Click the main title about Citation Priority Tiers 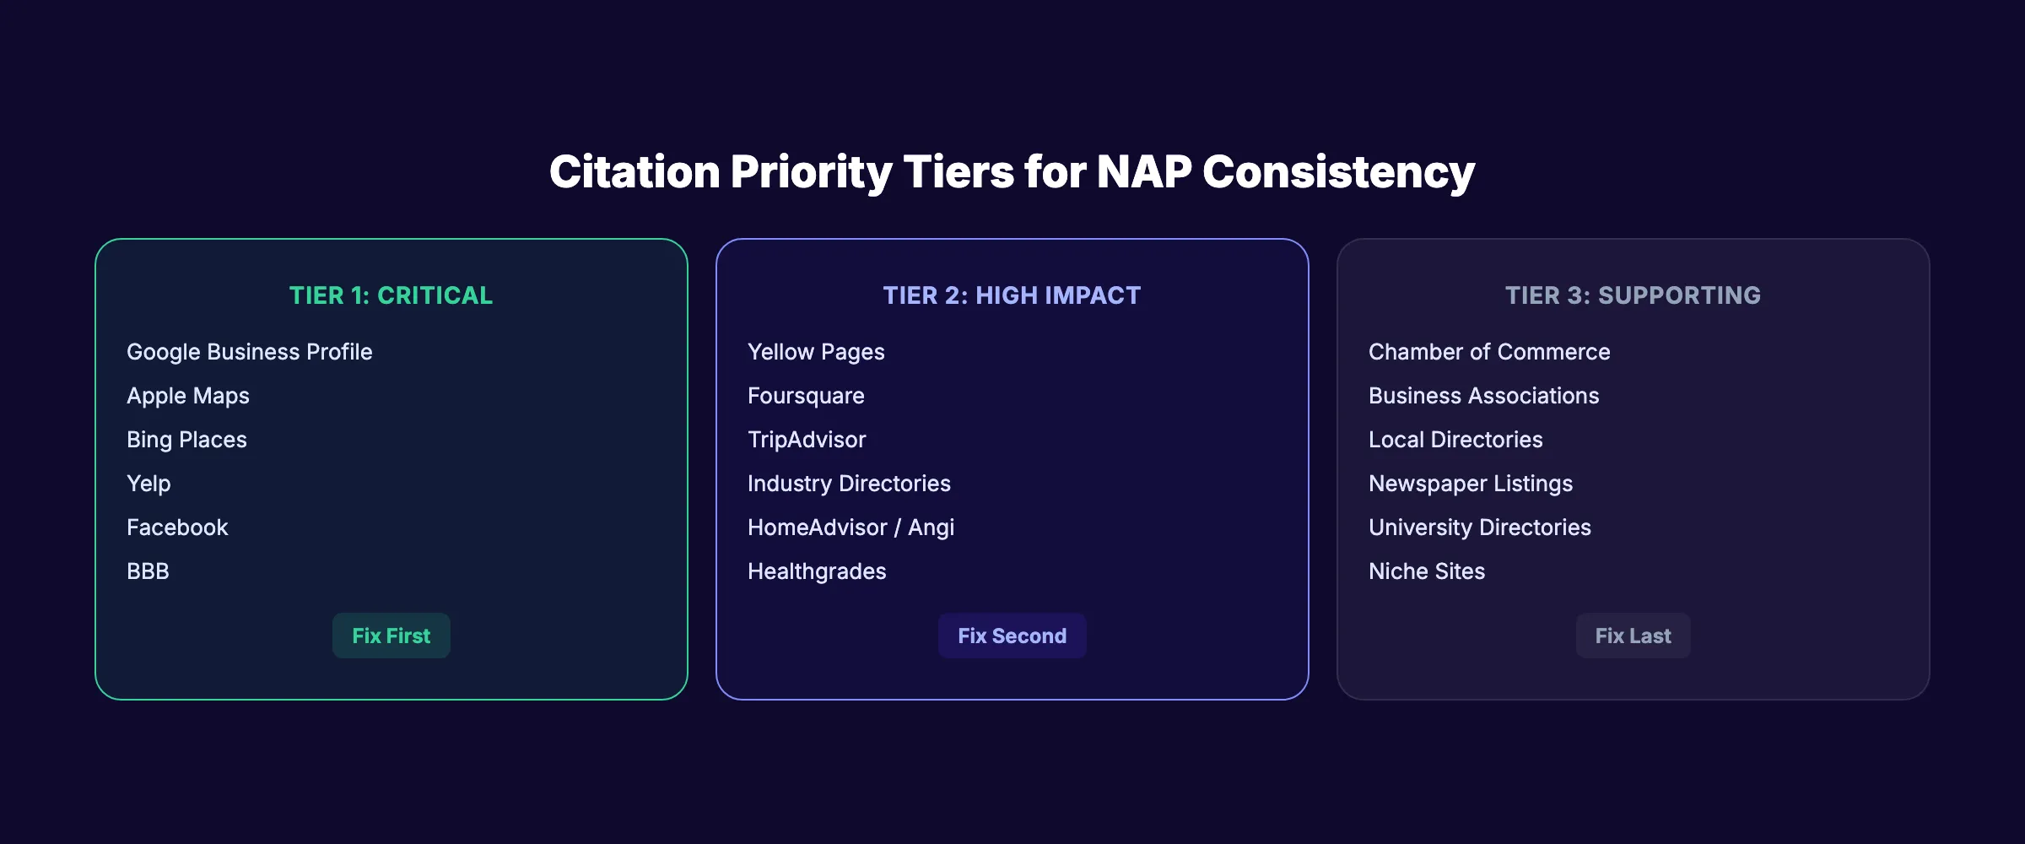click(x=1012, y=171)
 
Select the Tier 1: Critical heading click(x=391, y=295)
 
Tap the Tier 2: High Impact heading click(x=1012, y=295)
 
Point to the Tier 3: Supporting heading click(x=1633, y=295)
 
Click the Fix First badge click(x=391, y=636)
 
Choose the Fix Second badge click(x=1012, y=636)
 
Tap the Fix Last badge click(x=1633, y=636)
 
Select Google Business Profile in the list click(x=249, y=352)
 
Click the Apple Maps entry click(x=188, y=396)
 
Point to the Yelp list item click(x=148, y=484)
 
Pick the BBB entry click(x=148, y=571)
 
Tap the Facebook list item click(x=177, y=527)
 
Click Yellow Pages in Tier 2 click(x=816, y=352)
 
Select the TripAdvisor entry click(x=807, y=440)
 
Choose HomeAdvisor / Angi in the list click(x=850, y=527)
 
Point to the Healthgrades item click(x=817, y=571)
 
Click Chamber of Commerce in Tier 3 click(x=1489, y=352)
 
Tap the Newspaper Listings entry click(x=1471, y=484)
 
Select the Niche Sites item click(x=1427, y=571)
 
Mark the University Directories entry click(x=1480, y=527)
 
